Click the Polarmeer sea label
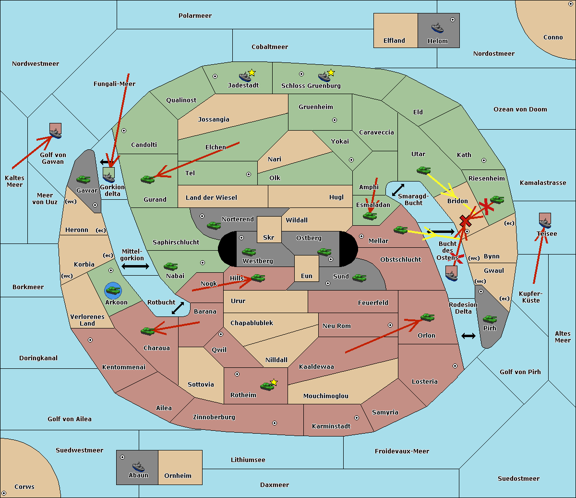195,16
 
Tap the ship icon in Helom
437,27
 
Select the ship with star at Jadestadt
245,76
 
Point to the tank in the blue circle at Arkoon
113,290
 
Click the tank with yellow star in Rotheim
267,385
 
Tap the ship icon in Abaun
138,466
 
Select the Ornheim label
178,476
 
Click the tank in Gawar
84,179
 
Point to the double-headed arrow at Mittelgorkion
135,266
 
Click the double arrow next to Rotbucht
178,308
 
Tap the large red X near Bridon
465,220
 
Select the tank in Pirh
490,319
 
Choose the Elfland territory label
394,41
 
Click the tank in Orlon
427,317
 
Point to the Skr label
269,238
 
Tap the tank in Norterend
214,225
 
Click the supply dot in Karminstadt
357,418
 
